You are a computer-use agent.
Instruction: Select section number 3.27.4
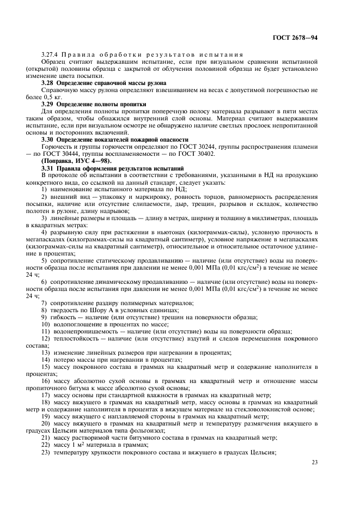[50, 56]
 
